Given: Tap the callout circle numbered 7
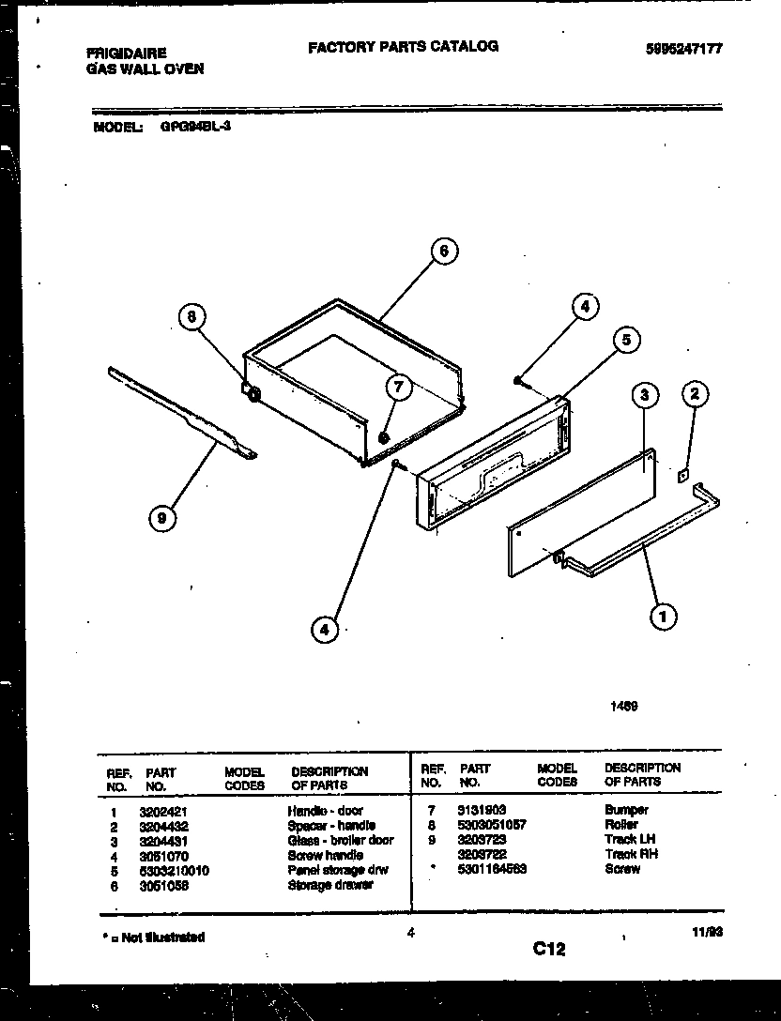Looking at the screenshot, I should pyautogui.click(x=398, y=386).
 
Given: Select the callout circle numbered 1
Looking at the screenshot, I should pyautogui.click(x=663, y=617).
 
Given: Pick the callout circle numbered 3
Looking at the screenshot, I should pyautogui.click(x=643, y=396).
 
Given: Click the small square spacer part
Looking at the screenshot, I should pyautogui.click(x=683, y=476).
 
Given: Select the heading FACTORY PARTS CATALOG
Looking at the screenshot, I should pyautogui.click(x=403, y=46).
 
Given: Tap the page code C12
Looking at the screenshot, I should pyautogui.click(x=549, y=949).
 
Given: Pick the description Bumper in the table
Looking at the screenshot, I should pyautogui.click(x=626, y=810).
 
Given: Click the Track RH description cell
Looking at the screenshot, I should pyautogui.click(x=631, y=855).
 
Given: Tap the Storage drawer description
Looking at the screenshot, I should pyautogui.click(x=329, y=885).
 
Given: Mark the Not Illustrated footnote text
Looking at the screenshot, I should pyautogui.click(x=153, y=937).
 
